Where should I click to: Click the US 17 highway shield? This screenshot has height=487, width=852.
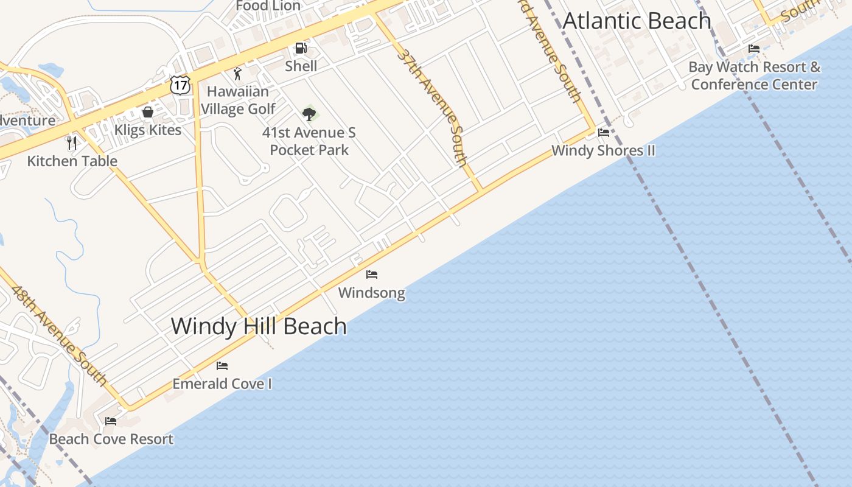(181, 85)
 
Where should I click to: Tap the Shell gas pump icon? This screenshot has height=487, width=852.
(301, 48)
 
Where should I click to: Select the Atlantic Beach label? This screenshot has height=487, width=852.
(637, 21)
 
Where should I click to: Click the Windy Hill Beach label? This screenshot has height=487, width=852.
(259, 326)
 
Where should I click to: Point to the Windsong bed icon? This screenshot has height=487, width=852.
(372, 275)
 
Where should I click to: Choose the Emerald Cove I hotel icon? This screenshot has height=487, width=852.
(222, 366)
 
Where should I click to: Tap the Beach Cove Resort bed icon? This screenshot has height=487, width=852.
(111, 421)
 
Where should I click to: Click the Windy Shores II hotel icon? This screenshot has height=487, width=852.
(604, 133)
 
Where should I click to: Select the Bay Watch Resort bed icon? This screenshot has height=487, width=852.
(754, 49)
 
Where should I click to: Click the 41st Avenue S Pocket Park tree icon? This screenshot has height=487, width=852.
(309, 114)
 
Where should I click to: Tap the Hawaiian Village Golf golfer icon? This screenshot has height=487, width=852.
(237, 74)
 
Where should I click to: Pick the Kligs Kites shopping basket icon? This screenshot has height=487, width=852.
(147, 112)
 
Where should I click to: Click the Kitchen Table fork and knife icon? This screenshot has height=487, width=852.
(72, 143)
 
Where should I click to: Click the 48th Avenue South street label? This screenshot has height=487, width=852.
(59, 335)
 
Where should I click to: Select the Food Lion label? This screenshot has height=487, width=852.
(268, 6)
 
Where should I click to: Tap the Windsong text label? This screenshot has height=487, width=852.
(371, 293)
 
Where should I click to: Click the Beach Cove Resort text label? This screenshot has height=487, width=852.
(111, 439)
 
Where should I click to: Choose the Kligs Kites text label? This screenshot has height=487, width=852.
(148, 130)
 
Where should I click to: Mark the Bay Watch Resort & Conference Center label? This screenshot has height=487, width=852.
(754, 75)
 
